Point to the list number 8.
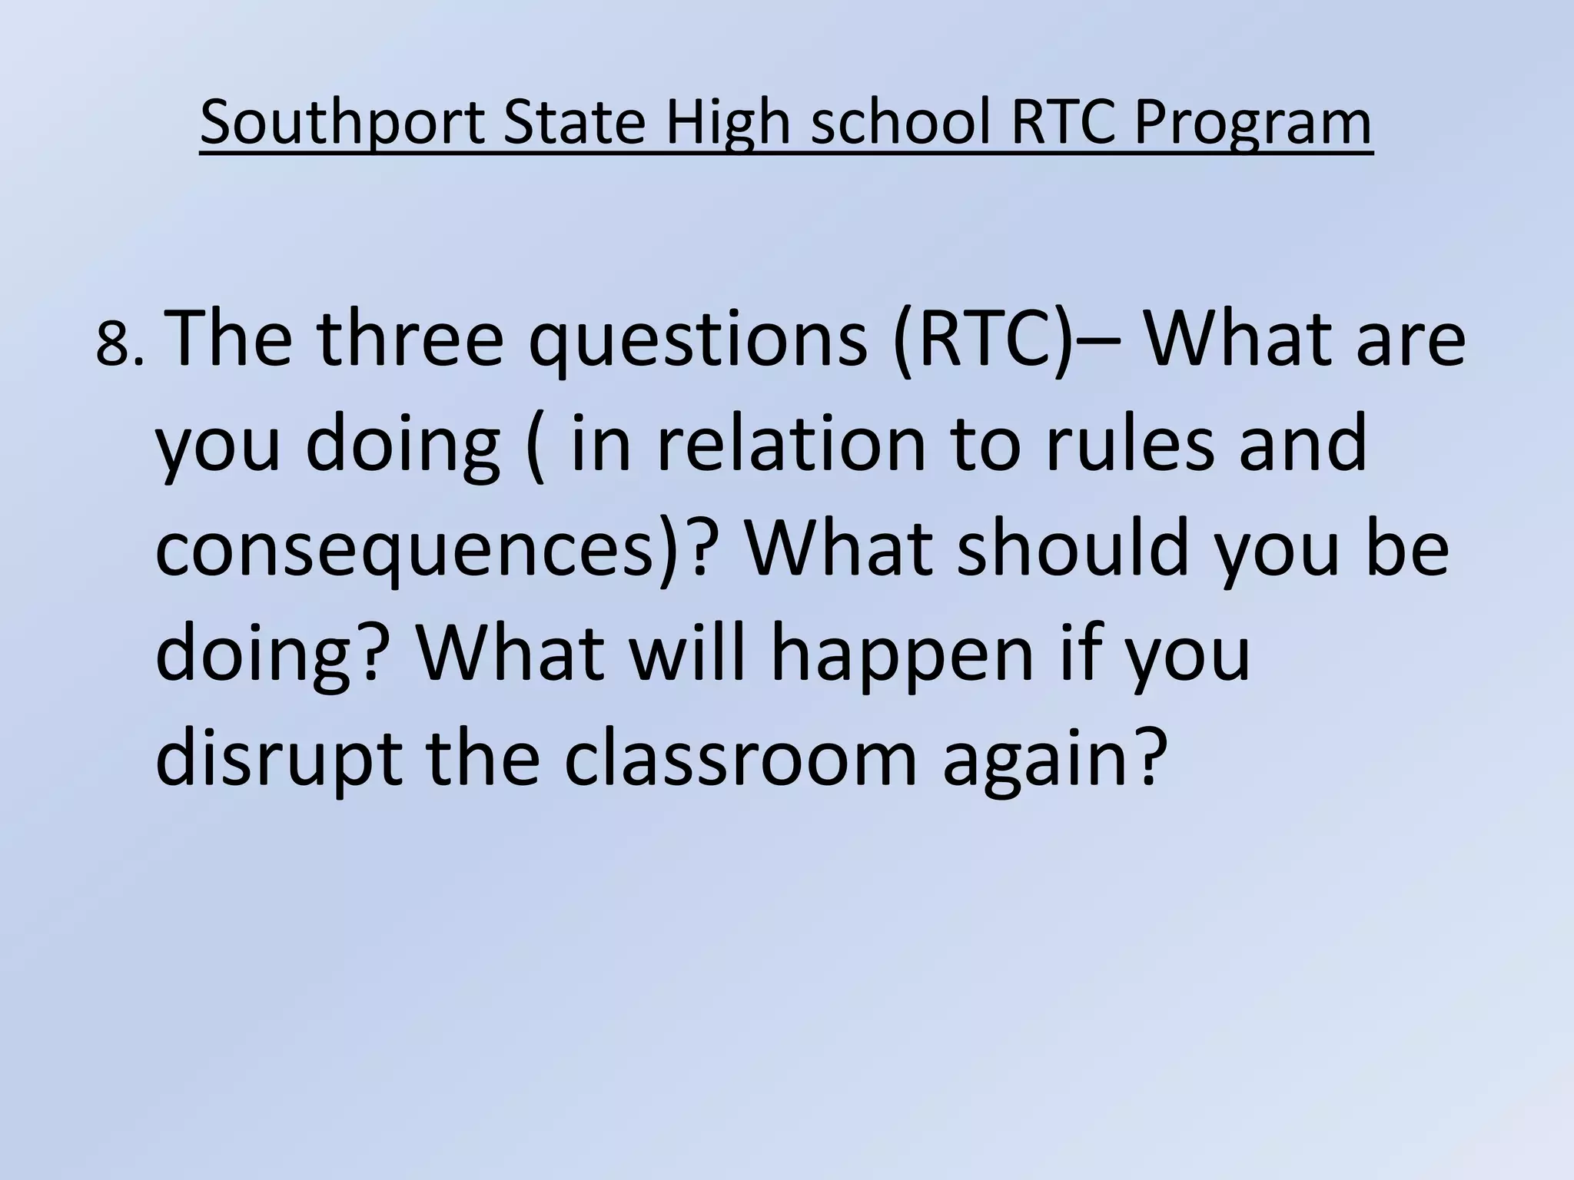click(117, 346)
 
